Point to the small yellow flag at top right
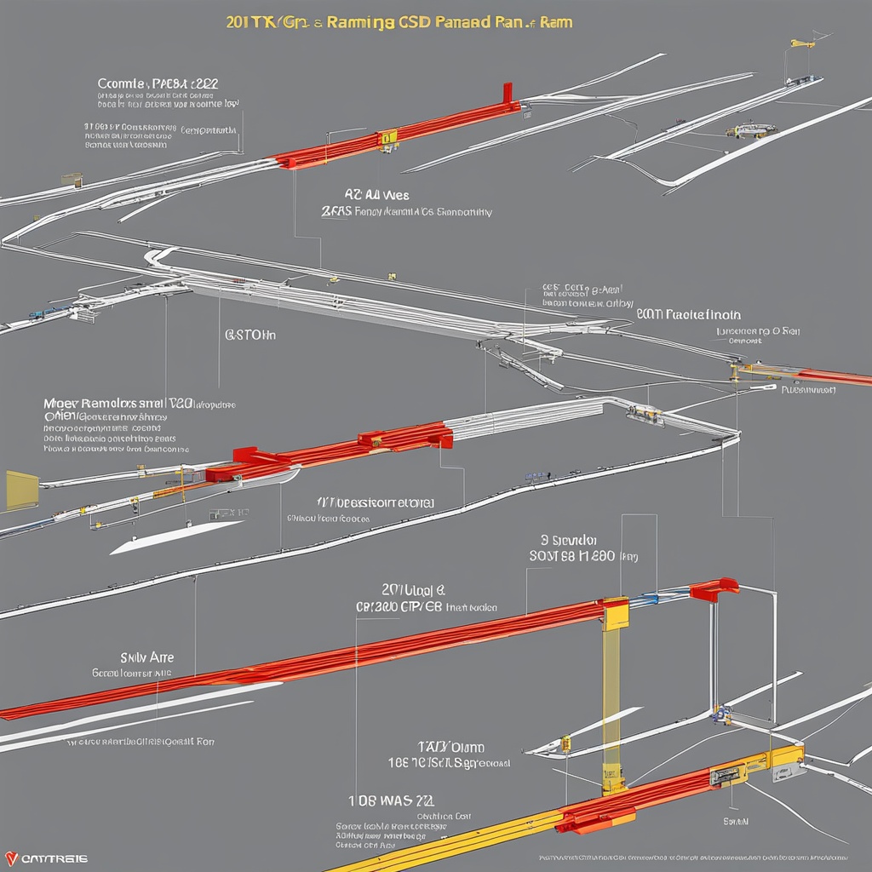pyautogui.click(x=801, y=43)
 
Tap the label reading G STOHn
pyautogui.click(x=250, y=335)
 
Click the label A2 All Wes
pyautogui.click(x=376, y=195)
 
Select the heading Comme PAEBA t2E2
pyautogui.click(x=158, y=84)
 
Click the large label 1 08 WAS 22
pyautogui.click(x=393, y=800)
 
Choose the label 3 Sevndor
pyautogui.click(x=569, y=540)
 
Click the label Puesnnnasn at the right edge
pyautogui.click(x=808, y=390)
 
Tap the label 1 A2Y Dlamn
pyautogui.click(x=450, y=746)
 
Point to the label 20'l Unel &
pyautogui.click(x=414, y=589)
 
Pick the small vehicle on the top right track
pyautogui.click(x=750, y=130)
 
